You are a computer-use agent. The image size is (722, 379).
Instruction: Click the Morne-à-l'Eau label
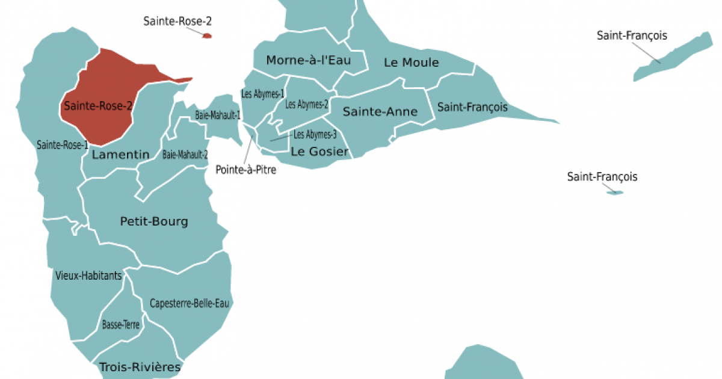pos(308,60)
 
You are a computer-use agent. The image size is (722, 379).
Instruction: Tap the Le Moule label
pos(412,63)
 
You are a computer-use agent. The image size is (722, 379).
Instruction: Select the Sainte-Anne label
pos(380,112)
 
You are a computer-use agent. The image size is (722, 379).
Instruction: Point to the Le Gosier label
pos(319,152)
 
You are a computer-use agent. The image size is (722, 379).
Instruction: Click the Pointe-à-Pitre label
pos(246,170)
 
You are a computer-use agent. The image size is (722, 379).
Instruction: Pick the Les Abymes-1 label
pos(262,94)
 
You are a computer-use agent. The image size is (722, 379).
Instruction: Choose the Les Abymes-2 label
pos(307,104)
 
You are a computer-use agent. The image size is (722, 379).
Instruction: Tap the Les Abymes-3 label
pos(315,135)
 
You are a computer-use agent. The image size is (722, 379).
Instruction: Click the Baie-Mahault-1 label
pos(218,114)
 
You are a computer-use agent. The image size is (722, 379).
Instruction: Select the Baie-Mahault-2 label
pos(185,155)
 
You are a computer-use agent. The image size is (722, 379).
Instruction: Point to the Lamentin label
pos(120,155)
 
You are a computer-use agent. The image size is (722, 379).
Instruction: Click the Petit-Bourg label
pos(154,221)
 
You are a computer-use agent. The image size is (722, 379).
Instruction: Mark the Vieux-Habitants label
pos(88,276)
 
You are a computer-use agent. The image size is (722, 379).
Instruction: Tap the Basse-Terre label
pos(121,325)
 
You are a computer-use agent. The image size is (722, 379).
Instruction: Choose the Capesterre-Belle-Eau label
pos(190,303)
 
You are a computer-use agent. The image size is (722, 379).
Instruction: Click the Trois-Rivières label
pos(140,366)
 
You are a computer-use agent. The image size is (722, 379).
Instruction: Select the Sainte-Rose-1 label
pos(63,144)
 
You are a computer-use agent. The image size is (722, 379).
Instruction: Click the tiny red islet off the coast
pos(207,36)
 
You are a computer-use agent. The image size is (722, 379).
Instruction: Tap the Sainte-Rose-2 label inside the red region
pos(98,106)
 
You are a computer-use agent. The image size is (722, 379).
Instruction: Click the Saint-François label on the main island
pos(472,108)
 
